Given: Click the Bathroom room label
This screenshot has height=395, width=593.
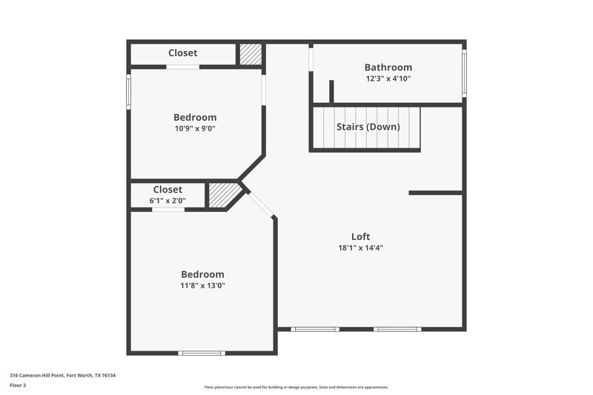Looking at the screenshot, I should (x=388, y=67).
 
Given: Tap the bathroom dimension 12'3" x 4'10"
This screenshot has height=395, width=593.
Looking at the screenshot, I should (x=388, y=79).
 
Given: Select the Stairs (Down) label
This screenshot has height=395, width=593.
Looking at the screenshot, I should (x=368, y=127).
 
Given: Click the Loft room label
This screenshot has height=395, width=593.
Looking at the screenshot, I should (x=360, y=236).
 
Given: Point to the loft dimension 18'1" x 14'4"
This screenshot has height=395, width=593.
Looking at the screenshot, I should (x=360, y=248).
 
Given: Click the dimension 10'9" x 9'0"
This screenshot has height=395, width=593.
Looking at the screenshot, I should (x=195, y=128).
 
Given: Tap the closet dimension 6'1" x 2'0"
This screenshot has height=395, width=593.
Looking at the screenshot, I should (x=168, y=200).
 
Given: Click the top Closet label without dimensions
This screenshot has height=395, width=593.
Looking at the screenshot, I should (x=182, y=53).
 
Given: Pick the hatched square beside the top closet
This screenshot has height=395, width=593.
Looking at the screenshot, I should (x=251, y=54).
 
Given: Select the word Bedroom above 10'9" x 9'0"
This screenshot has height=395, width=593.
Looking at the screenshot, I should (x=195, y=117).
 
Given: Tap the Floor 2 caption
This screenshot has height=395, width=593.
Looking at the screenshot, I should (x=19, y=385).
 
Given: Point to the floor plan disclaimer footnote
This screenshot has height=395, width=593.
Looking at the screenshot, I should (x=296, y=387).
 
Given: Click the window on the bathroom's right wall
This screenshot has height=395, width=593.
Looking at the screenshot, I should (x=464, y=73).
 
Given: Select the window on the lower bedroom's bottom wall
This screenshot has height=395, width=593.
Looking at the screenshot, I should (x=202, y=353).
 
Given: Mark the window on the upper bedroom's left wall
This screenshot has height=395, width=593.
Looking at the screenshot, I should (x=128, y=93).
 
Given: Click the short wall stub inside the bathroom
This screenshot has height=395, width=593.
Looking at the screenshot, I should (x=331, y=91).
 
